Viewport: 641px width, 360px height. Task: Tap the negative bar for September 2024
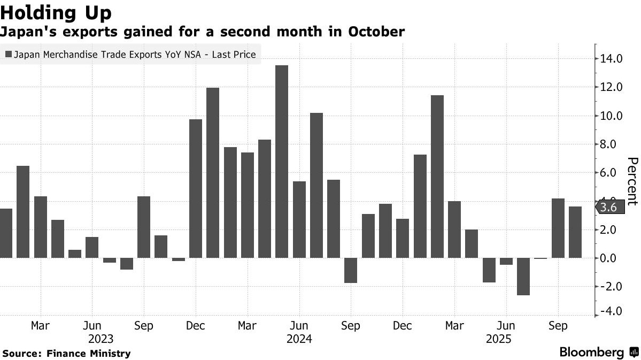coord(351,270)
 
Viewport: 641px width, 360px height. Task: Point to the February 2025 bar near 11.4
coord(437,177)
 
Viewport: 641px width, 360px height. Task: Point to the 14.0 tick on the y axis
coord(612,59)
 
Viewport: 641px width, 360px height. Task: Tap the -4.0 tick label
coord(611,311)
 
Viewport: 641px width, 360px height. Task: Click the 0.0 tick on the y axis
coord(612,258)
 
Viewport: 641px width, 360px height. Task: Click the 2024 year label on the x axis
coord(299,339)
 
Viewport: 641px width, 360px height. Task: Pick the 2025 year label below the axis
coord(498,339)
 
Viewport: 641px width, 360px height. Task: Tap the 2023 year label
coord(101,339)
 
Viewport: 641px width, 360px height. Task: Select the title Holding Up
coord(56,12)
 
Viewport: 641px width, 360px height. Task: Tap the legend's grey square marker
coord(9,54)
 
